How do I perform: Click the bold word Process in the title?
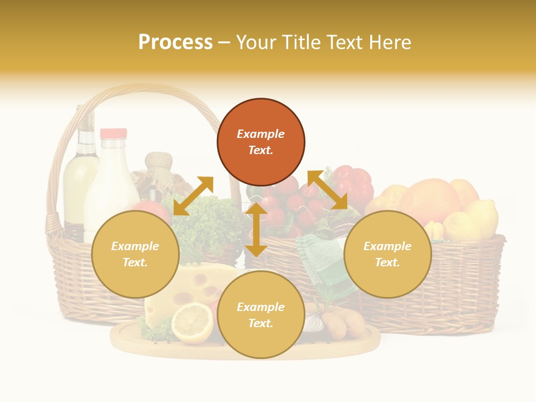click(x=175, y=42)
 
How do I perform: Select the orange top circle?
click(x=261, y=142)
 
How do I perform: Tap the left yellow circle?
click(x=135, y=255)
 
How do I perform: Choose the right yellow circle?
click(x=387, y=255)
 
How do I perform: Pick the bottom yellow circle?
click(x=261, y=315)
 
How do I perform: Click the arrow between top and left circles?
click(x=193, y=196)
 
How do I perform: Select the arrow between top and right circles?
click(x=327, y=190)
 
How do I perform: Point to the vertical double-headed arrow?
click(x=256, y=229)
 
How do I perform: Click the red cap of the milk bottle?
click(x=113, y=133)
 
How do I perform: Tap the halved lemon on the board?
click(x=192, y=323)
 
